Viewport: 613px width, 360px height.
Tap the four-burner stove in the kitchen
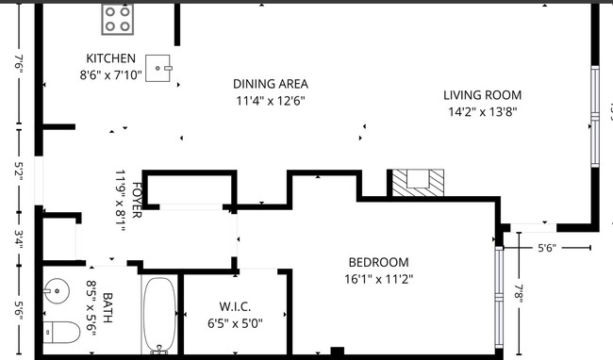click(x=118, y=18)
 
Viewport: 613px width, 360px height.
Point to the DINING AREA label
click(x=271, y=84)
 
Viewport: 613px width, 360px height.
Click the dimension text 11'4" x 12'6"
click(x=271, y=100)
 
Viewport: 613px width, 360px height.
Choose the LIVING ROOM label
click(x=483, y=95)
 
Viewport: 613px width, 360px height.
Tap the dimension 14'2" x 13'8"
click(x=483, y=111)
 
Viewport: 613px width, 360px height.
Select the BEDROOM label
click(x=378, y=262)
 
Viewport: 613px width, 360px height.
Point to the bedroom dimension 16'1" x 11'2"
click(x=378, y=278)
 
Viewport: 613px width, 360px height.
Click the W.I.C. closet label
click(x=234, y=306)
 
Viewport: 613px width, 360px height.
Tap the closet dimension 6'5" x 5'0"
click(x=234, y=322)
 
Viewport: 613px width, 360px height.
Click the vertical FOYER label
click(x=137, y=199)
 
